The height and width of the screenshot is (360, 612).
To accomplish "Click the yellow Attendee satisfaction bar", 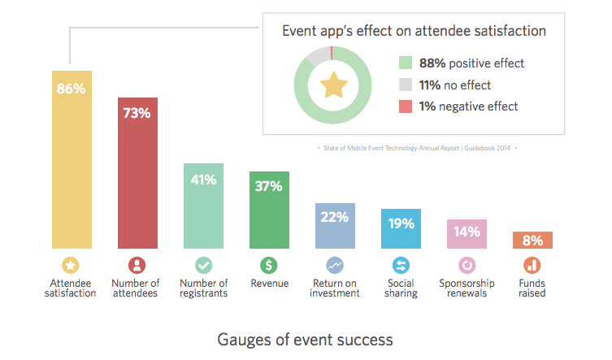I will click(x=72, y=163).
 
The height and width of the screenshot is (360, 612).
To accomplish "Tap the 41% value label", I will click(x=203, y=180).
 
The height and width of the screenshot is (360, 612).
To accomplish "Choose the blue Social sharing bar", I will click(x=401, y=232).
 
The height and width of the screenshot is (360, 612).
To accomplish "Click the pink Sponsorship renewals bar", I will click(x=467, y=236).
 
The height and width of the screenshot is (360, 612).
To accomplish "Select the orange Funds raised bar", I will click(x=532, y=241).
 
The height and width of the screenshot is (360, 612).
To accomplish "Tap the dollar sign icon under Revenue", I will click(x=269, y=265).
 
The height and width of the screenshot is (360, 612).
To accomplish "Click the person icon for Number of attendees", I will click(x=137, y=265).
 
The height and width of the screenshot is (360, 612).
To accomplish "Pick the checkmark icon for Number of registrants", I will click(x=203, y=265).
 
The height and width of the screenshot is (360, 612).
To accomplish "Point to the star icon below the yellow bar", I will click(x=72, y=265).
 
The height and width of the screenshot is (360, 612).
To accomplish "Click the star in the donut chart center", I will click(x=333, y=85).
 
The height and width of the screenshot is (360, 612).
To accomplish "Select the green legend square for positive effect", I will click(x=406, y=63).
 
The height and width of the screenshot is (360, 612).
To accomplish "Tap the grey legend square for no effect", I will click(x=406, y=85).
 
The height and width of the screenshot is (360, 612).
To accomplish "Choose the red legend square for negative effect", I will click(x=406, y=106).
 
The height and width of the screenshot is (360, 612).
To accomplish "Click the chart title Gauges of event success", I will click(x=305, y=339).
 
